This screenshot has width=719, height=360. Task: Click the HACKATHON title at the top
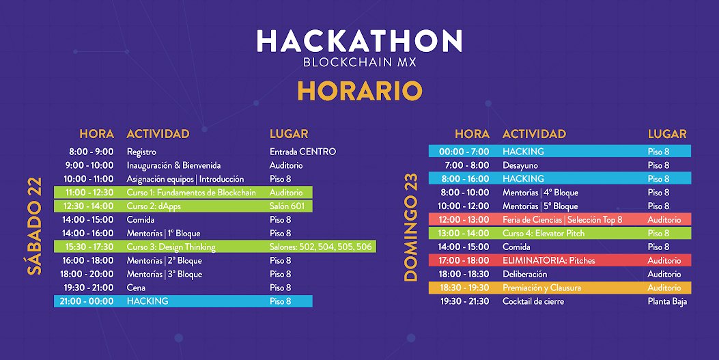pos(359,42)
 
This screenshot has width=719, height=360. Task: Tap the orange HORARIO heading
pos(359,90)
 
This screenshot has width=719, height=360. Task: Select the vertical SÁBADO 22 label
pos(35,226)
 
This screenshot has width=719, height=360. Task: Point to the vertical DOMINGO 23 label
pos(410,227)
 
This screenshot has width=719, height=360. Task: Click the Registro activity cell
pos(141,152)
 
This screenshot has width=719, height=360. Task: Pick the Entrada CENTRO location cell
pos(302,152)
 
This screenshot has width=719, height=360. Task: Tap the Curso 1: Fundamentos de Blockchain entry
pos(191,193)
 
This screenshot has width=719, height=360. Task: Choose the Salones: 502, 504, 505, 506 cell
pos(320,247)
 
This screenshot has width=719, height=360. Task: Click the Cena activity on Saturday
pos(136,288)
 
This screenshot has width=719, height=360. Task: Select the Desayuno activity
pos(520,165)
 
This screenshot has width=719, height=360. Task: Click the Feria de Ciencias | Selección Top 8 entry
pos(562,220)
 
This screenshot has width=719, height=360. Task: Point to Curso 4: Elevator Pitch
pos(544,234)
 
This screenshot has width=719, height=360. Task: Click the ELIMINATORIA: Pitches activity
pos(548,261)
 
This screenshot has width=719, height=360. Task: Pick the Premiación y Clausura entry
pos(541,288)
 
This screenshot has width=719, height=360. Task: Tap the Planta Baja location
pos(667,301)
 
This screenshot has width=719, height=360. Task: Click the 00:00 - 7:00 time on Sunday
pos(464,152)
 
